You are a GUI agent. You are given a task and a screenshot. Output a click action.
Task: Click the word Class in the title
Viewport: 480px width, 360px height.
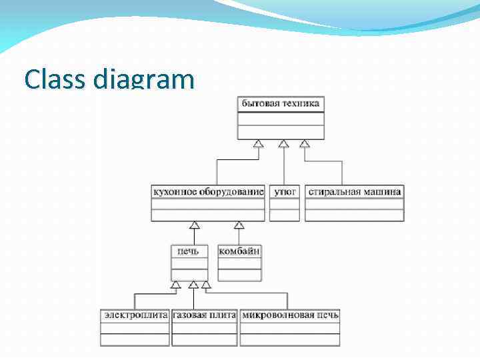[54, 79]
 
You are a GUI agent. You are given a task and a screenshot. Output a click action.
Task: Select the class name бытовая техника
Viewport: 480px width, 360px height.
[281, 104]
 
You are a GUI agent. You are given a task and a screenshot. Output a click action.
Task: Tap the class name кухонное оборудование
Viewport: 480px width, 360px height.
[209, 192]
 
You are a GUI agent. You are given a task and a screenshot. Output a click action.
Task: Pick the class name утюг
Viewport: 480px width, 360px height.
[285, 192]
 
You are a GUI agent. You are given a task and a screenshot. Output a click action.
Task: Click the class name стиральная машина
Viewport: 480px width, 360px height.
[355, 192]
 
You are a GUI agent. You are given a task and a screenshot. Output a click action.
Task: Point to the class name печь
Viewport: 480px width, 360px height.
[189, 251]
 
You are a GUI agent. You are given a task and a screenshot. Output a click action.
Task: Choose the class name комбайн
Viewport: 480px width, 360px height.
[239, 251]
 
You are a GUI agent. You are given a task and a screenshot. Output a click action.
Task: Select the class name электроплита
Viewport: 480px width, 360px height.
[135, 315]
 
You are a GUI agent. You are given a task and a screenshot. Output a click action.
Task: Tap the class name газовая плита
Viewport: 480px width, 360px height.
[204, 315]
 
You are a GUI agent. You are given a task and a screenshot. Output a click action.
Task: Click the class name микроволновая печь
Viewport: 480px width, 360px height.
[290, 315]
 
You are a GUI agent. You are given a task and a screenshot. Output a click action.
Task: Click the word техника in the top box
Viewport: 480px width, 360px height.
[300, 104]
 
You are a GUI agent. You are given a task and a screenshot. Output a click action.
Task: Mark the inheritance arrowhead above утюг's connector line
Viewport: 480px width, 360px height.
[283, 143]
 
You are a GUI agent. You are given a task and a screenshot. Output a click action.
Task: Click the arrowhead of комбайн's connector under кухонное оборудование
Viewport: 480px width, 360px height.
[239, 225]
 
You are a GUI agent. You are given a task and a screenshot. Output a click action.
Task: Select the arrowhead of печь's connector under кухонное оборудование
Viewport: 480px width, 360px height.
[195, 225]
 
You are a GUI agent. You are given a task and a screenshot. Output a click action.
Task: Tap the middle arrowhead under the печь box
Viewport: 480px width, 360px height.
[193, 285]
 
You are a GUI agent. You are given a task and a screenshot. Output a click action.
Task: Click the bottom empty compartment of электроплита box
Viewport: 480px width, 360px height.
[135, 339]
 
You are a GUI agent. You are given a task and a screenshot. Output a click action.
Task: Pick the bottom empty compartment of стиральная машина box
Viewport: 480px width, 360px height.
[355, 215]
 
